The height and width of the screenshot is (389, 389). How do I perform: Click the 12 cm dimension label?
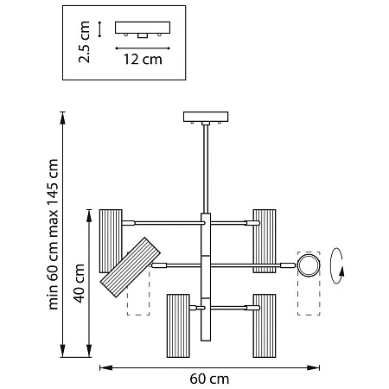(x=143, y=60)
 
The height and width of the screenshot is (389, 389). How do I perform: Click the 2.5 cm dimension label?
(x=85, y=42)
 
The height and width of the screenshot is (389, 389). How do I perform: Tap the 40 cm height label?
(x=79, y=284)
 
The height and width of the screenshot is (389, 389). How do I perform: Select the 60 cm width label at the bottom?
(x=209, y=379)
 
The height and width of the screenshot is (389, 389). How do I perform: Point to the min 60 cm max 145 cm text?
(x=53, y=234)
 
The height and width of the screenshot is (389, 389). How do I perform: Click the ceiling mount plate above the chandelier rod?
(x=206, y=117)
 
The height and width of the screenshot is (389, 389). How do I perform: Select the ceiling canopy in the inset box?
(x=143, y=28)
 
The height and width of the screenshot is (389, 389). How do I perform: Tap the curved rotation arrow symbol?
(x=336, y=265)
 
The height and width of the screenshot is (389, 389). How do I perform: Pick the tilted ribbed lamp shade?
(x=130, y=267)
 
